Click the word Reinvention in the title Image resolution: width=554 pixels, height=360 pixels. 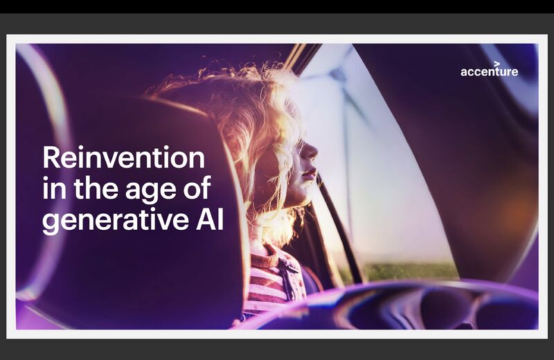124,158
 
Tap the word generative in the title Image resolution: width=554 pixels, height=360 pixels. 115,221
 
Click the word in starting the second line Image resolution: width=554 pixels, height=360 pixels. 55,187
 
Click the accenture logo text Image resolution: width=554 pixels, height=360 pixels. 490,71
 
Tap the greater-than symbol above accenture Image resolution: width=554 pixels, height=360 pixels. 497,63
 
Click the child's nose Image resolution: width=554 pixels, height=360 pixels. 312,152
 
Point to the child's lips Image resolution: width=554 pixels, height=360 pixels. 310,174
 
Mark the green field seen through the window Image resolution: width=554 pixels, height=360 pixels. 406,272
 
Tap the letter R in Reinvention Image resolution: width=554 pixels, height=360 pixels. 51,158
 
